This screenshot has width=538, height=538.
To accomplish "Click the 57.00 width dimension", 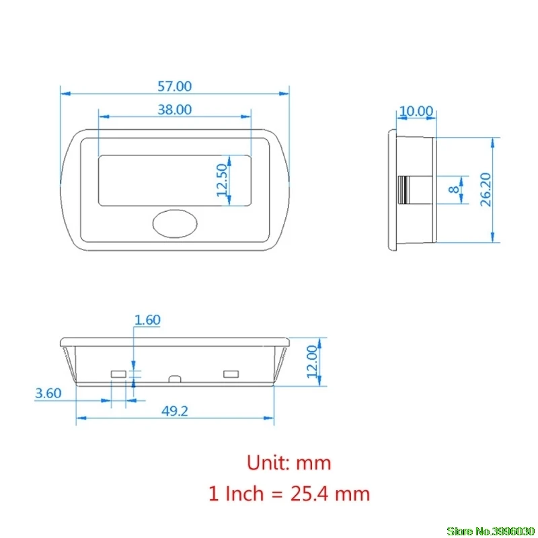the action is pos(174,86).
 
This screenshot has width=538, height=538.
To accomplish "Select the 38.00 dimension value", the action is pos(174,110).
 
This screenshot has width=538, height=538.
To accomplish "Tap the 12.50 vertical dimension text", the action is pos(223,180).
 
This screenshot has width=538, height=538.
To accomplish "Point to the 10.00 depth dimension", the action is pos(416,111).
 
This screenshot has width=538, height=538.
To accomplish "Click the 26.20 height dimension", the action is pos(486,190).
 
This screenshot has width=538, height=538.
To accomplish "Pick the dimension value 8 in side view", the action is pos(453,190).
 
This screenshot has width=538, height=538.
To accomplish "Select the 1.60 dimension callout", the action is pos(147,320).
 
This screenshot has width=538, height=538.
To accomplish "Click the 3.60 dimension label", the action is pos(48,393).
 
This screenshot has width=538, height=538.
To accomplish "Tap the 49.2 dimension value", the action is pos(175,411).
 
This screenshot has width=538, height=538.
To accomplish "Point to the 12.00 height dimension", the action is pos(312,362).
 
